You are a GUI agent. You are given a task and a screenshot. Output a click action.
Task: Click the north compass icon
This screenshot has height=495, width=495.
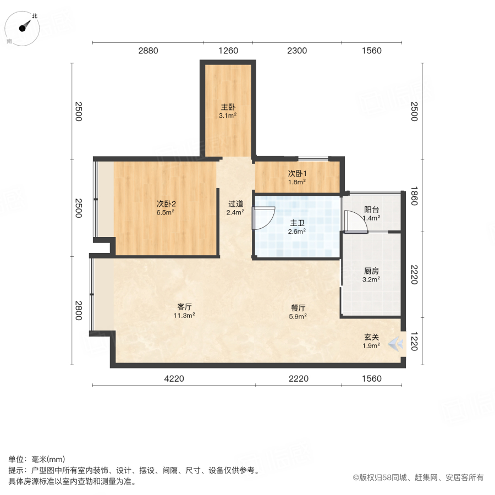pyautogui.click(x=23, y=27)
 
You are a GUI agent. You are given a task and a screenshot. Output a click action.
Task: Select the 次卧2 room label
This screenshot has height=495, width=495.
pyautogui.click(x=166, y=203)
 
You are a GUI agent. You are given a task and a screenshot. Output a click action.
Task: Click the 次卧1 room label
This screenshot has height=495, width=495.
pyautogui.click(x=296, y=173)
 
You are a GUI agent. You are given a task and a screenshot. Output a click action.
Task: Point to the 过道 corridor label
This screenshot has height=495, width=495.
pyautogui.click(x=235, y=203)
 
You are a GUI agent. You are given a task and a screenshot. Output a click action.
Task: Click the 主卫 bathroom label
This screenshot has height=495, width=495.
pyautogui.click(x=297, y=223)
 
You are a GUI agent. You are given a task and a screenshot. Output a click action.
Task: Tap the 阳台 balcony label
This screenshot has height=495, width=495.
pyautogui.click(x=372, y=210)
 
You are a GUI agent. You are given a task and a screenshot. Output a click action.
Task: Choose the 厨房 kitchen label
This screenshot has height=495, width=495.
pyautogui.click(x=372, y=271)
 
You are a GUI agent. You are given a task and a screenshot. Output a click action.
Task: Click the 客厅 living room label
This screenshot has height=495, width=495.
pyautogui.click(x=185, y=307)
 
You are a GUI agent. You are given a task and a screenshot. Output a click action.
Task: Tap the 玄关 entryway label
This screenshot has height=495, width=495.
pyautogui.click(x=371, y=337)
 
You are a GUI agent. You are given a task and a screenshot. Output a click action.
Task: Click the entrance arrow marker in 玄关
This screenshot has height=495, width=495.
pyautogui.click(x=395, y=343)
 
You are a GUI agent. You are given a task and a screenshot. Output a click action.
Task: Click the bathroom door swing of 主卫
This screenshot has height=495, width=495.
pyautogui.click(x=263, y=218)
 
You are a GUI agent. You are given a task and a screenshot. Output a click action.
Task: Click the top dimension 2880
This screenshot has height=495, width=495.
pyautogui.click(x=148, y=51)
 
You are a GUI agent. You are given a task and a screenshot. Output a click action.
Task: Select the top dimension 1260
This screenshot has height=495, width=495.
pyautogui.click(x=228, y=51)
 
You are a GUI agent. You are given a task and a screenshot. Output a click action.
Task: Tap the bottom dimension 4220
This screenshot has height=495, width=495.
pyautogui.click(x=174, y=378)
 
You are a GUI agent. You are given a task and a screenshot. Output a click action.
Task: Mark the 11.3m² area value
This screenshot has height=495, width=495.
pyautogui.click(x=185, y=316)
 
